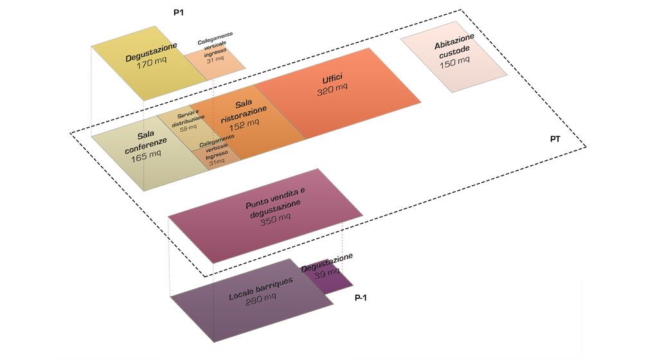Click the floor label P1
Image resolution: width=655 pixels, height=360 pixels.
(178, 12)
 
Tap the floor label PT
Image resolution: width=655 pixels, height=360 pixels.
(555, 139)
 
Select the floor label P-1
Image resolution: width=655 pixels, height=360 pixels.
(361, 298)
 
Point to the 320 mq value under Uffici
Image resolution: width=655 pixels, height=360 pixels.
(332, 89)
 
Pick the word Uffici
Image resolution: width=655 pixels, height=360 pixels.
(332, 78)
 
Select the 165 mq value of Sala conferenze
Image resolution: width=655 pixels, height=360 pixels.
(146, 156)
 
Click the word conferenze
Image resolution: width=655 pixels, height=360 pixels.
(146, 145)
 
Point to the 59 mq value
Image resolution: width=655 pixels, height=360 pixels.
(188, 128)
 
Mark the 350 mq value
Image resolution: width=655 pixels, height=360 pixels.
(275, 219)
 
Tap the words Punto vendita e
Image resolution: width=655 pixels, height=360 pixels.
(275, 198)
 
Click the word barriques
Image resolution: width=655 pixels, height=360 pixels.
(274, 285)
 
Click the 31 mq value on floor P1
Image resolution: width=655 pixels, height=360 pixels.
(215, 60)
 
